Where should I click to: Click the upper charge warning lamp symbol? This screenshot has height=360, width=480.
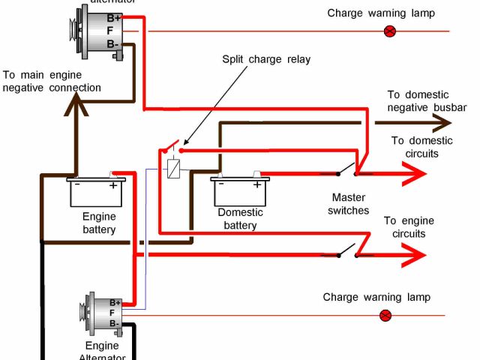tap(389, 31)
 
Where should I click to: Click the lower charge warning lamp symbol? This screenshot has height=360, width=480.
tap(386, 316)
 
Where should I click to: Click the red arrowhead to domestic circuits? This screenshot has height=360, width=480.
tap(413, 175)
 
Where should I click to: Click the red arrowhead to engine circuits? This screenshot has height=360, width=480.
tap(412, 256)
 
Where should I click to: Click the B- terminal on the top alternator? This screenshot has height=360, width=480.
tap(113, 44)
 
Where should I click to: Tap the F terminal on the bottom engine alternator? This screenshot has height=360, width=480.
tap(112, 313)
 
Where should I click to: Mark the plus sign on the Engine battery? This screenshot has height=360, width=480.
tap(112, 184)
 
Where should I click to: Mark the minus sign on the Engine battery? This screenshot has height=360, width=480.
tap(78, 183)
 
